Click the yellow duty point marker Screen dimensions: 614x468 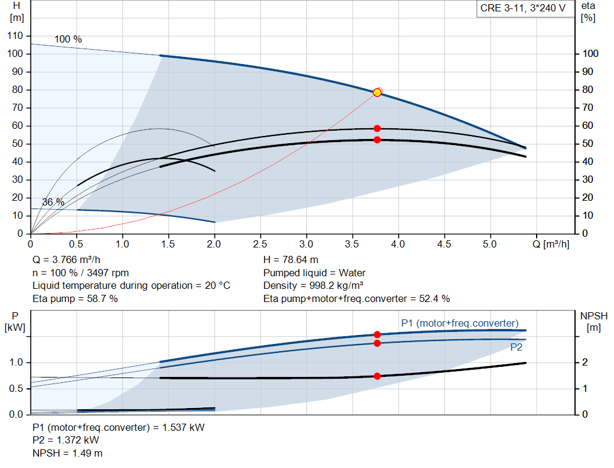[x=377, y=93]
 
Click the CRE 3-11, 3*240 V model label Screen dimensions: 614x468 [x=523, y=8]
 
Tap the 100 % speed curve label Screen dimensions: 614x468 [x=68, y=39]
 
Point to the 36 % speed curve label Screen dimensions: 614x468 [x=53, y=202]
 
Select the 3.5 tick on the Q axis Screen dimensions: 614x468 [x=352, y=244]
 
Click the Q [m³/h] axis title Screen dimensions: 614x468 [x=551, y=244]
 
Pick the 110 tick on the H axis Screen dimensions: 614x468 [x=15, y=35]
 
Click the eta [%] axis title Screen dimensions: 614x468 [x=588, y=12]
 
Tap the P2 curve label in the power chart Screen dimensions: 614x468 [x=516, y=347]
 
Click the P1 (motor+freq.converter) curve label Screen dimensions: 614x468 [x=460, y=323]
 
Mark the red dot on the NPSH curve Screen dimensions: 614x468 [x=377, y=376]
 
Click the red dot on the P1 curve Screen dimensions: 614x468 [x=377, y=334]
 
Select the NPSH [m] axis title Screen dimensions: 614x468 [x=594, y=322]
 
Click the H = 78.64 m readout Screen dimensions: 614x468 [x=291, y=260]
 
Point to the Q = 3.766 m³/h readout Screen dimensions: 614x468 [x=67, y=260]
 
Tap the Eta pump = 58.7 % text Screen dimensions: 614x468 [x=75, y=298]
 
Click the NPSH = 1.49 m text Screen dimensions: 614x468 [x=67, y=453]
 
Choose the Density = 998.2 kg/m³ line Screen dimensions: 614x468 [x=313, y=286]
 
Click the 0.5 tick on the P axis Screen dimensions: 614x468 [x=16, y=388]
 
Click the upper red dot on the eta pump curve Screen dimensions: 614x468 [x=377, y=128]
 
